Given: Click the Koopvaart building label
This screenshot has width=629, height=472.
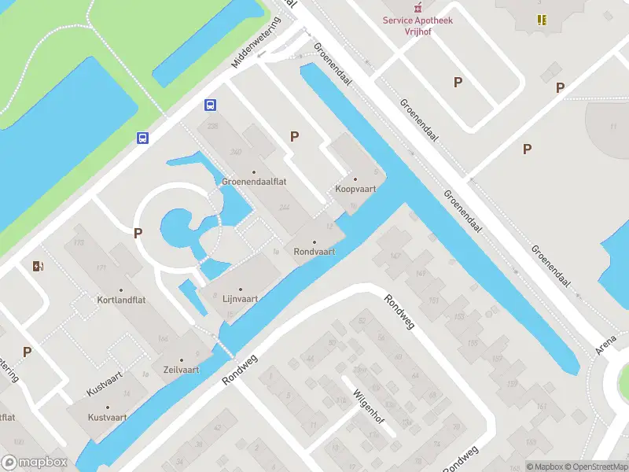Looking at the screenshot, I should [355, 189].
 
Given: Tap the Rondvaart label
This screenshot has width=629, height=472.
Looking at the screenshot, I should [314, 252].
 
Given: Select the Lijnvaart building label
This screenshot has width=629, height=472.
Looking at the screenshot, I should [240, 299].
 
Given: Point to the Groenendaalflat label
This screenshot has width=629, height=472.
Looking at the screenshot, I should [253, 180].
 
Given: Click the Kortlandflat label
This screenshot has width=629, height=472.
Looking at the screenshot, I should [121, 300].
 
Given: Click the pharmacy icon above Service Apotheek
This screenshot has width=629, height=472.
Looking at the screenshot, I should [418, 6].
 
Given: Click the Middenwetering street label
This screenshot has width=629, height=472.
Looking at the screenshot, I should [256, 42].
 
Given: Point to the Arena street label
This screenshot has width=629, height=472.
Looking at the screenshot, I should [606, 344].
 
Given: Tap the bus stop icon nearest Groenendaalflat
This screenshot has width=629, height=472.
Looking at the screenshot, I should [210, 105].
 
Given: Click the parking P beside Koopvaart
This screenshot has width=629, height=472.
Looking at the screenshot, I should [295, 136].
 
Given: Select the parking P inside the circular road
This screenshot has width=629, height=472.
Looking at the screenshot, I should [138, 233].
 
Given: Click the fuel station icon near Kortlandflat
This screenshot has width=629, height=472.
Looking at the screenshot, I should [37, 266].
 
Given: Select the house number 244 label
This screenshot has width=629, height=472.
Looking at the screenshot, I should [284, 208].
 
